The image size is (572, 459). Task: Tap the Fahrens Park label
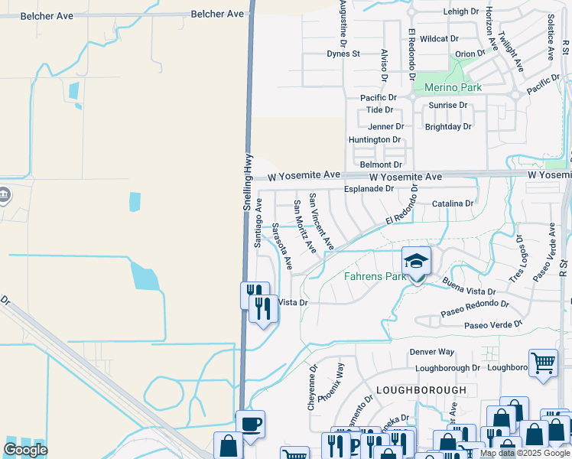[375, 276]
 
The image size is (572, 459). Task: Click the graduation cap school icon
[417, 262]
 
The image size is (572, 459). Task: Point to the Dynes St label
[343, 54]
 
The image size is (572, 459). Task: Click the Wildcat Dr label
[439, 38]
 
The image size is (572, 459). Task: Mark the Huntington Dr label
[375, 140]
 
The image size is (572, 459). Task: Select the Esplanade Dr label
[369, 188]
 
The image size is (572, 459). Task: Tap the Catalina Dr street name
[453, 203]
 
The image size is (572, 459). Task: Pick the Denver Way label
[432, 352]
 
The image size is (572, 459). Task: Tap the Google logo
[25, 449]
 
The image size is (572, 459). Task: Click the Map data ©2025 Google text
[525, 453]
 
